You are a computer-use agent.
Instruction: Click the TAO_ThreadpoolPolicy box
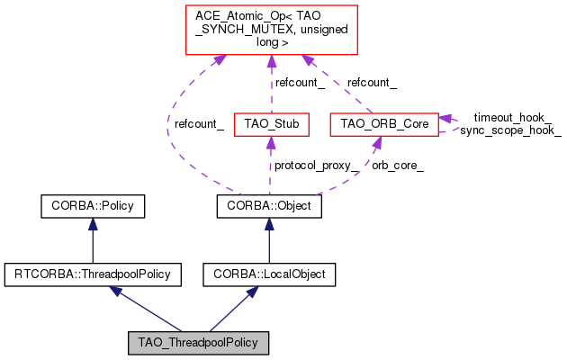(x=199, y=342)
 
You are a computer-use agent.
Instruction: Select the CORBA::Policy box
(x=93, y=206)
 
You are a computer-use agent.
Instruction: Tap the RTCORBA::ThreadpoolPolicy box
(x=93, y=272)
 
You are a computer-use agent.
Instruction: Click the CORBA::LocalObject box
(x=269, y=272)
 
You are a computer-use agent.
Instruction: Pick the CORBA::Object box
(x=269, y=206)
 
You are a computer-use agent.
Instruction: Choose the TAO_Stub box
(x=272, y=122)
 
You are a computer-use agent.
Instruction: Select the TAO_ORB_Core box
(x=384, y=122)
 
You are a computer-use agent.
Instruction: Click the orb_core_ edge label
(x=398, y=166)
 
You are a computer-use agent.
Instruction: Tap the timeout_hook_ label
(x=512, y=117)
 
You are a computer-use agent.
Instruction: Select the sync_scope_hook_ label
(x=510, y=130)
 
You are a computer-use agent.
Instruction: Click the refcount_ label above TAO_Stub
(x=301, y=82)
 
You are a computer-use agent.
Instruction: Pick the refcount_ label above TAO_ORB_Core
(x=372, y=82)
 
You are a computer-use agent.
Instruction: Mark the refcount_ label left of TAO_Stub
(x=199, y=124)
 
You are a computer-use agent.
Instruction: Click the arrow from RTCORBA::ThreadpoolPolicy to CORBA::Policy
(x=93, y=239)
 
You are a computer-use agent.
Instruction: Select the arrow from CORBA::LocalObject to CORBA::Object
(x=269, y=239)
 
